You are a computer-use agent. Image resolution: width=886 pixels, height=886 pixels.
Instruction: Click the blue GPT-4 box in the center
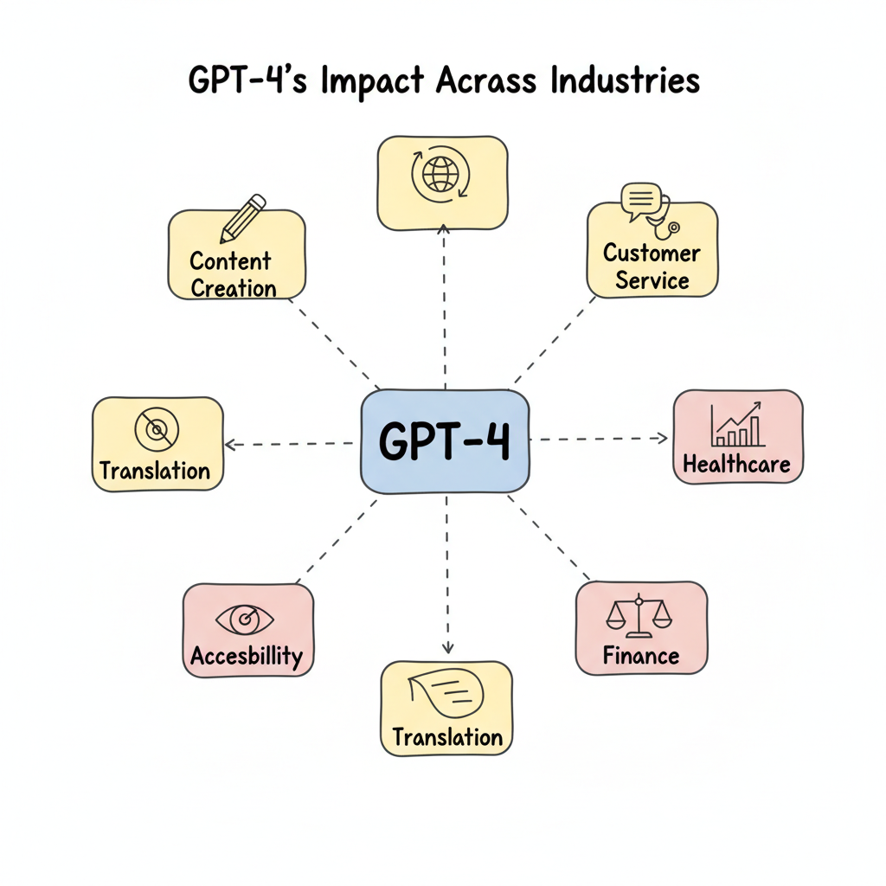444,441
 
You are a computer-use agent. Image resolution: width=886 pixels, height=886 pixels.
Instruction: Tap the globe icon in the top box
442,173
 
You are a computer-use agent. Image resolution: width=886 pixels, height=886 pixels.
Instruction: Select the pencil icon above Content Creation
241,218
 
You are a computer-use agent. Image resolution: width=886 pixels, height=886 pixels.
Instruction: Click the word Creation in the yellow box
234,288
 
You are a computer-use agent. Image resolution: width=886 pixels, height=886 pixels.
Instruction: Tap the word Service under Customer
652,280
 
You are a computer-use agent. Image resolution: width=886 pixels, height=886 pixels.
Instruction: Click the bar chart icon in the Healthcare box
737,423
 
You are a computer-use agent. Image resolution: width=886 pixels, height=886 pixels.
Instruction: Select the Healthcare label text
737,464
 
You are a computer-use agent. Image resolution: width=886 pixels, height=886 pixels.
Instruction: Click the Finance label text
641,656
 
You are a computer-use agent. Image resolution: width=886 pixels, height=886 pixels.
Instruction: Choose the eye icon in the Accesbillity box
245,619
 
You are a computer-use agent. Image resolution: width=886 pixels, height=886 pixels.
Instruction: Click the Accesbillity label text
247,656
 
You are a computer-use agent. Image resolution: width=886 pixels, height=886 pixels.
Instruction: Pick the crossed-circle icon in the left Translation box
156,427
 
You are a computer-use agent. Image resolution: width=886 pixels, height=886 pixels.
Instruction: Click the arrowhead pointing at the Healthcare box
664,439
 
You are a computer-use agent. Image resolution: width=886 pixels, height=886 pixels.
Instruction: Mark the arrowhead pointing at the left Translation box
231,445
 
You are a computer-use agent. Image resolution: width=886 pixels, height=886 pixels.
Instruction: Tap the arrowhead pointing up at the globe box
444,229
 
